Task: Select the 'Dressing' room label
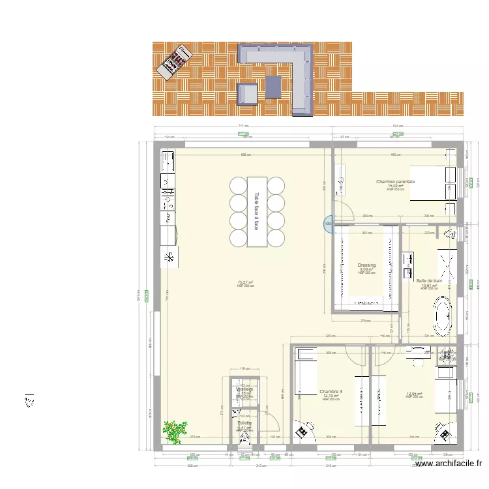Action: click(366, 265)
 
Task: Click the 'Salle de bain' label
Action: click(429, 281)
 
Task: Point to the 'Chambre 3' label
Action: click(331, 392)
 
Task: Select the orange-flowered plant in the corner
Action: click(173, 431)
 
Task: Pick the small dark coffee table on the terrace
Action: click(273, 86)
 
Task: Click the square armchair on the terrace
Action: click(247, 94)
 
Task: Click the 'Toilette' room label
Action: click(244, 423)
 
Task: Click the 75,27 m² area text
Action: click(245, 282)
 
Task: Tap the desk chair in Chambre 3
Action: click(302, 431)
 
